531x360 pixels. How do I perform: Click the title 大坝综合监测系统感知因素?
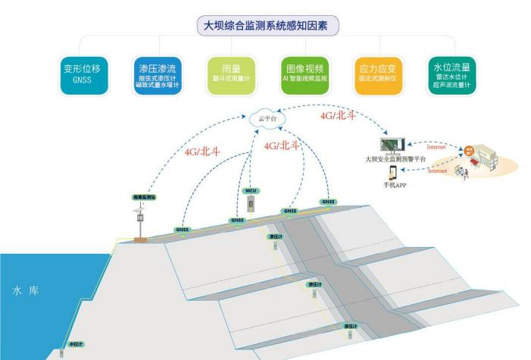(x=267, y=24)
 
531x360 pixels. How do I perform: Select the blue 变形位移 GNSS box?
(x=86, y=74)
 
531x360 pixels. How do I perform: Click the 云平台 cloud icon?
(x=263, y=120)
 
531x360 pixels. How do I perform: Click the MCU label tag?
(x=251, y=190)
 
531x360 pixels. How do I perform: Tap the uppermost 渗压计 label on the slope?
(x=275, y=237)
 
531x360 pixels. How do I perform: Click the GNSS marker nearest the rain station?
(x=183, y=228)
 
